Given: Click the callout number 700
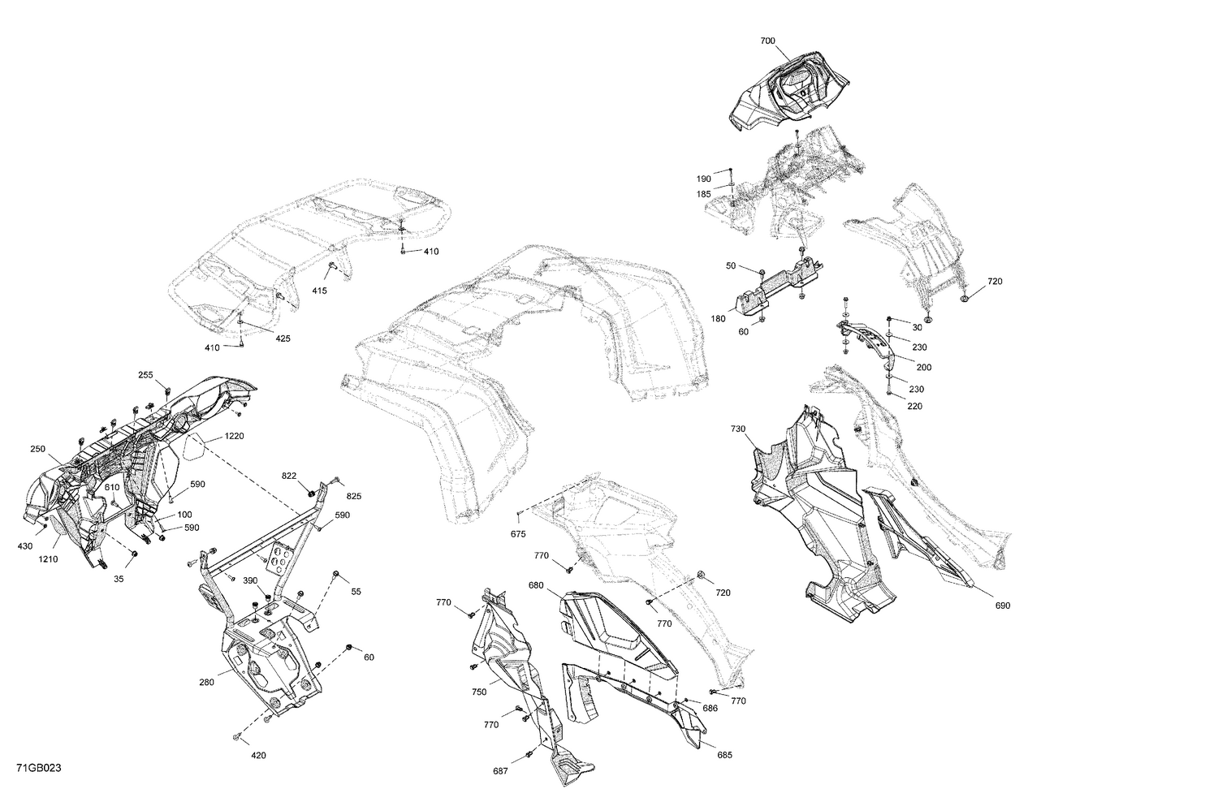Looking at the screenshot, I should [x=767, y=41].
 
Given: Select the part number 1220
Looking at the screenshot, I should [x=234, y=436].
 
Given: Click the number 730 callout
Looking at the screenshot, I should [x=737, y=429].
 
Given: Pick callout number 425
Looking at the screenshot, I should [x=282, y=338].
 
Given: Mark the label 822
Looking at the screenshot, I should [x=289, y=476].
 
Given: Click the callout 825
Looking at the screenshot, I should [x=353, y=495].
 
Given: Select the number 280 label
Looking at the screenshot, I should [x=206, y=683].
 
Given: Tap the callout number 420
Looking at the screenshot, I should [x=258, y=756].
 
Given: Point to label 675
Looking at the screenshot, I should [x=517, y=533].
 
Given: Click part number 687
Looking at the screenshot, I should [x=502, y=770].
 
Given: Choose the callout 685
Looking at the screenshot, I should [x=724, y=755].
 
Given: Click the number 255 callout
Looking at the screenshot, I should [x=145, y=375].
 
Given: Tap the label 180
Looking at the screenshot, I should [x=718, y=319].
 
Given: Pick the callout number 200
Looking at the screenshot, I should [x=923, y=367].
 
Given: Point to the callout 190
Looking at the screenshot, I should [x=703, y=179].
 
